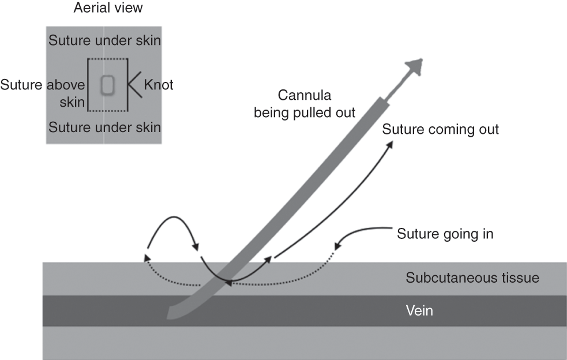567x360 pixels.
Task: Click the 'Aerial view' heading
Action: (108, 8)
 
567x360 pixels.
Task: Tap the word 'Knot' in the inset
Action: (158, 85)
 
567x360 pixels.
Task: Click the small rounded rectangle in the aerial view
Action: (107, 85)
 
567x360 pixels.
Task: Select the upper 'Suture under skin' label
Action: (104, 41)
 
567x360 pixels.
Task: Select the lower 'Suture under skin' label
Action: (104, 126)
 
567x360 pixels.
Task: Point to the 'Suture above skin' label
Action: (43, 93)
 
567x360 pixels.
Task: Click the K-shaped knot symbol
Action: (133, 85)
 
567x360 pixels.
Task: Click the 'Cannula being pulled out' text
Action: (305, 102)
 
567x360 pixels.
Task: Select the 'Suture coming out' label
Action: (440, 129)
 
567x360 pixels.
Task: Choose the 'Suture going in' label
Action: (445, 234)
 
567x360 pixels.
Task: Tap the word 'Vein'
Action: (419, 310)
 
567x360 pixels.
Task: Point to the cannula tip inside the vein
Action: (171, 313)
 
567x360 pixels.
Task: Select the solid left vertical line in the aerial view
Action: (88, 85)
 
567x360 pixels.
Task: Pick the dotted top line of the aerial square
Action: (107, 59)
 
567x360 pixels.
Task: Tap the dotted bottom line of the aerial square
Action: (107, 111)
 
